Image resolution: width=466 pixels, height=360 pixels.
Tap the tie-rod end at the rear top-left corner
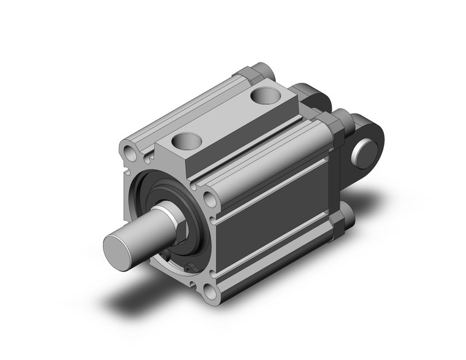260,74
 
